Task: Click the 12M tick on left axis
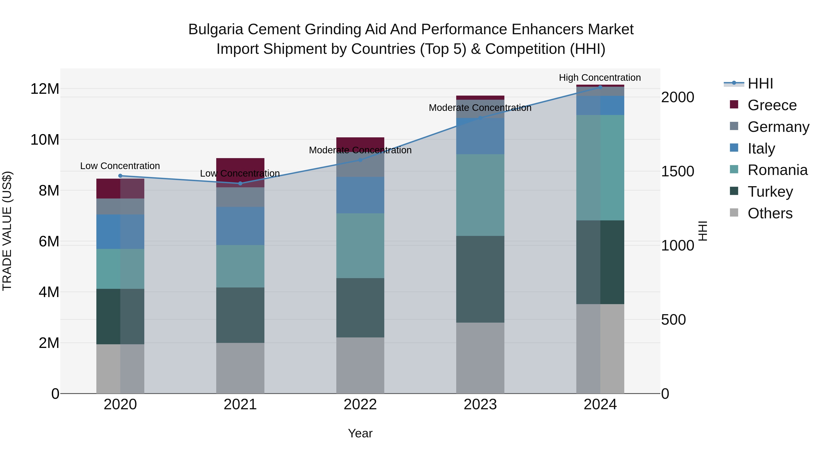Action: (x=45, y=89)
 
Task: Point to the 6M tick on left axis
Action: (x=48, y=241)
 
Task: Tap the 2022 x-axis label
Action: (x=360, y=405)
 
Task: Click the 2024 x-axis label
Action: (x=600, y=405)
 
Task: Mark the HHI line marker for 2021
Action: (x=240, y=183)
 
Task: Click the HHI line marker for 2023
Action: (x=480, y=118)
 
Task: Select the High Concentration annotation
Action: (x=600, y=78)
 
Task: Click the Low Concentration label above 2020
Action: (x=120, y=166)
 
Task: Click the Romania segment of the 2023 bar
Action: (x=480, y=195)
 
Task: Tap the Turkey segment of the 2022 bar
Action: (x=360, y=308)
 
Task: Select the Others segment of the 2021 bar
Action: (x=240, y=368)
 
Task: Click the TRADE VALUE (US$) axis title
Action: (x=7, y=231)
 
